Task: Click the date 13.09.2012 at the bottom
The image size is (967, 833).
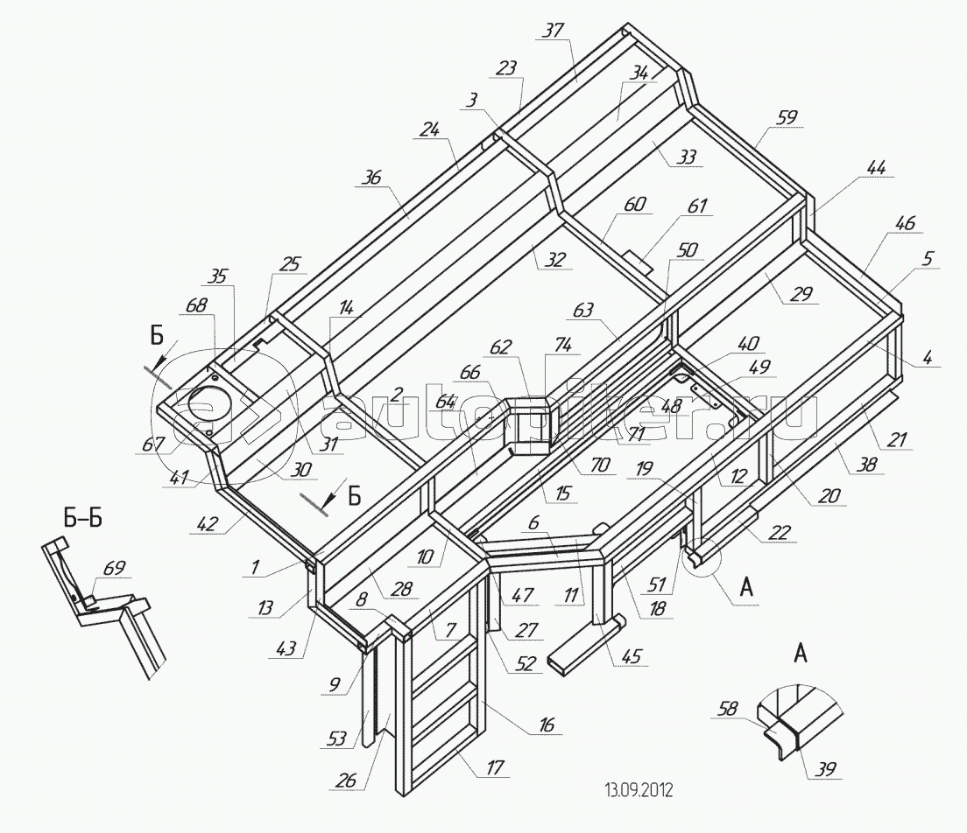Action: (x=638, y=791)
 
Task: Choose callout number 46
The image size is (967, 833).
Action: (x=905, y=224)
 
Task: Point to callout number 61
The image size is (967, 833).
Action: (x=697, y=206)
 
